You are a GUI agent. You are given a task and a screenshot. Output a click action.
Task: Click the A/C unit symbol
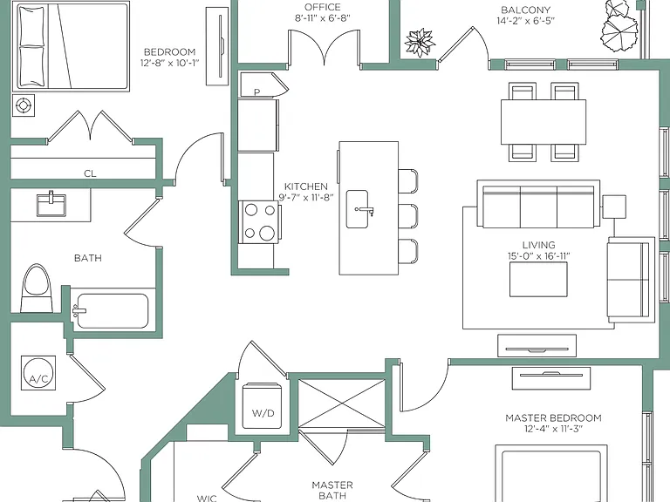click(38, 373)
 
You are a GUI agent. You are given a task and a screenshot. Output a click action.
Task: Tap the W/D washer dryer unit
click(263, 406)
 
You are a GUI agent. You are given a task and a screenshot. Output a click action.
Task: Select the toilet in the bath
click(37, 288)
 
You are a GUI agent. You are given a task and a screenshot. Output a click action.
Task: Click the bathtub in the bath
click(113, 311)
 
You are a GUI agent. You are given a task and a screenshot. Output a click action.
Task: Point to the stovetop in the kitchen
click(259, 221)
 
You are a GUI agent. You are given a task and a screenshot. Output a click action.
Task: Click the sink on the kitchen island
click(357, 209)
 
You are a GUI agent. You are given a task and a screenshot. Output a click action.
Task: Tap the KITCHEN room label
click(306, 187)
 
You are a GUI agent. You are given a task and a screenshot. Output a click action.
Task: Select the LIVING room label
click(539, 245)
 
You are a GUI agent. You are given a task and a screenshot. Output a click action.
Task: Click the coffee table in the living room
click(538, 279)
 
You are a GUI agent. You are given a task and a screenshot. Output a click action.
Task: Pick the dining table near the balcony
click(544, 122)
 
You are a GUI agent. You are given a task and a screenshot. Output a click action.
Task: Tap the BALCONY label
click(525, 10)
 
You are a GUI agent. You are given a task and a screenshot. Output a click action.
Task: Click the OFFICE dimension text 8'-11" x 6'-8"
click(323, 18)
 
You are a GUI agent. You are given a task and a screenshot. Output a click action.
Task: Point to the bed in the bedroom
click(71, 46)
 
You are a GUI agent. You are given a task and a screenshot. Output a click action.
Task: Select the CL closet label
click(90, 173)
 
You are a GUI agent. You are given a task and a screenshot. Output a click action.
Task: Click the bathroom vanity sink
click(51, 205)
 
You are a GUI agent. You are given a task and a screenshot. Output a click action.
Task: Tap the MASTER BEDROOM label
click(553, 418)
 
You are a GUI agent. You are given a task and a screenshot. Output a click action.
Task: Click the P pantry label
click(256, 92)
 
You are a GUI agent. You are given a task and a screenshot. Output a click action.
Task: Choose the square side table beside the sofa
click(614, 207)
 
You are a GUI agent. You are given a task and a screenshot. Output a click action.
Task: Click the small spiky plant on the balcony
click(420, 43)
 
